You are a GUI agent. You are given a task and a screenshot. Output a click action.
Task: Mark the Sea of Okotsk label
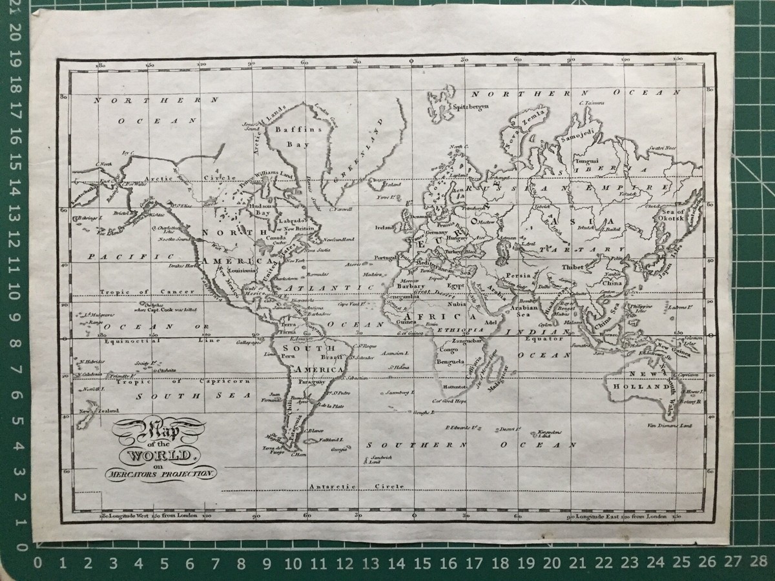tap(672, 217)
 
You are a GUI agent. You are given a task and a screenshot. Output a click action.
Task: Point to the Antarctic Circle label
tap(356, 486)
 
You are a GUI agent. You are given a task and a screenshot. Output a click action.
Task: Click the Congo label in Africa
tap(447, 349)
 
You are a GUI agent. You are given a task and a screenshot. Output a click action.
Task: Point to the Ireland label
tap(385, 228)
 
